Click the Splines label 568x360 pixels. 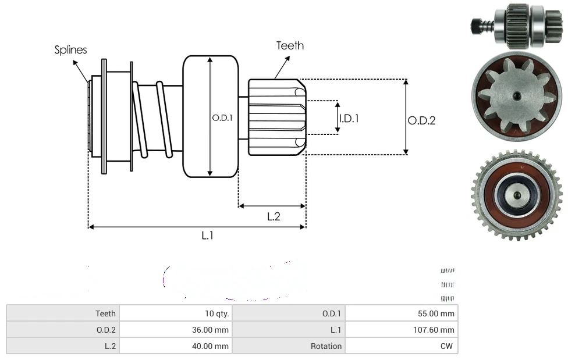(x=70, y=50)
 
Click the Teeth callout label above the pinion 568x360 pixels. (x=290, y=45)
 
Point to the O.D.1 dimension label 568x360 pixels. (x=222, y=117)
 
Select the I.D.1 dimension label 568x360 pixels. (x=349, y=118)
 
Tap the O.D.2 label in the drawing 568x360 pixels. (x=421, y=120)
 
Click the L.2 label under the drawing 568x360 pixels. (x=274, y=216)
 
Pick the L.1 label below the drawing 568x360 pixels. (x=208, y=236)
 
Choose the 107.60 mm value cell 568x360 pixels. (x=434, y=330)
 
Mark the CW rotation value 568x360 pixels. (x=447, y=346)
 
